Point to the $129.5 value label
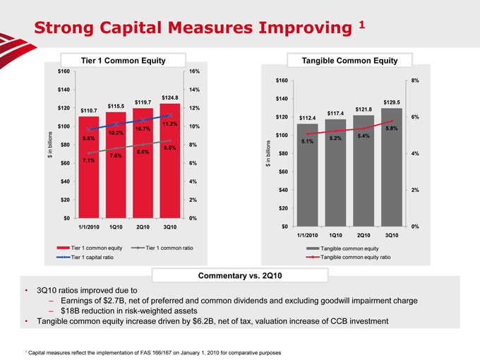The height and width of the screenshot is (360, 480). [392, 102]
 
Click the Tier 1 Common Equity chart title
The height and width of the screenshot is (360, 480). [124, 61]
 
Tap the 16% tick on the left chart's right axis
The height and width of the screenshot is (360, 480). [193, 71]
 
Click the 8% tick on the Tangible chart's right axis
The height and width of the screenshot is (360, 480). [415, 80]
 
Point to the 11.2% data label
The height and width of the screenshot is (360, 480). [169, 124]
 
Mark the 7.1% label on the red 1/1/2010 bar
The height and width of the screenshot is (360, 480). [89, 160]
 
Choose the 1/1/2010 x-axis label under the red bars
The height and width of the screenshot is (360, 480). [88, 227]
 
